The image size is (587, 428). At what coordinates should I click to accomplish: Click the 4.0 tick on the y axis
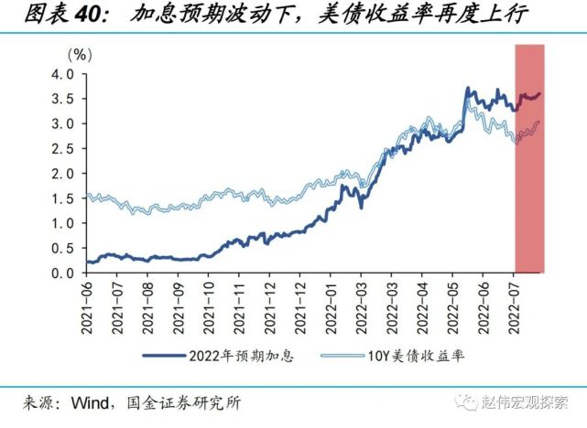(60, 73)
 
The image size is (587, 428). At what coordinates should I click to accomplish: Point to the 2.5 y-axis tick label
(60, 148)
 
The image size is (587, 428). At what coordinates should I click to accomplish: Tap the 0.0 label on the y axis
(60, 273)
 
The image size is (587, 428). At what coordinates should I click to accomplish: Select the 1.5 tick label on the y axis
(60, 198)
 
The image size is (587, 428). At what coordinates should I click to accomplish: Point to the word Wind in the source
(90, 402)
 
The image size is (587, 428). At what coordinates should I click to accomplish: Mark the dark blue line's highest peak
(468, 89)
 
